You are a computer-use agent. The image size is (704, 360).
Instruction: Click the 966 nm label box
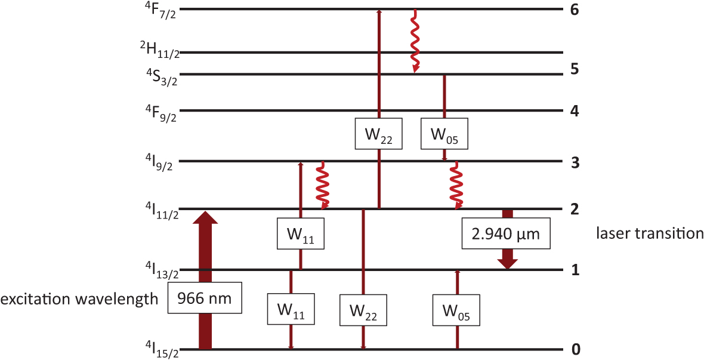[205, 297]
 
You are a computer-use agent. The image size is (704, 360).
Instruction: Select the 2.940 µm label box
[506, 234]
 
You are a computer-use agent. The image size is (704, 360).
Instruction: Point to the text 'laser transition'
[650, 233]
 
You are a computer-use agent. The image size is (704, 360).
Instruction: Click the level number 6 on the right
[575, 10]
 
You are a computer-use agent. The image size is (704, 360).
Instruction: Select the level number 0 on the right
[575, 349]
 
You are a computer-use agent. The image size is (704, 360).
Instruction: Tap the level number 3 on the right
[575, 162]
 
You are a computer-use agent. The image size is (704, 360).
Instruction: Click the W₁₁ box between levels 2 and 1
[300, 234]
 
